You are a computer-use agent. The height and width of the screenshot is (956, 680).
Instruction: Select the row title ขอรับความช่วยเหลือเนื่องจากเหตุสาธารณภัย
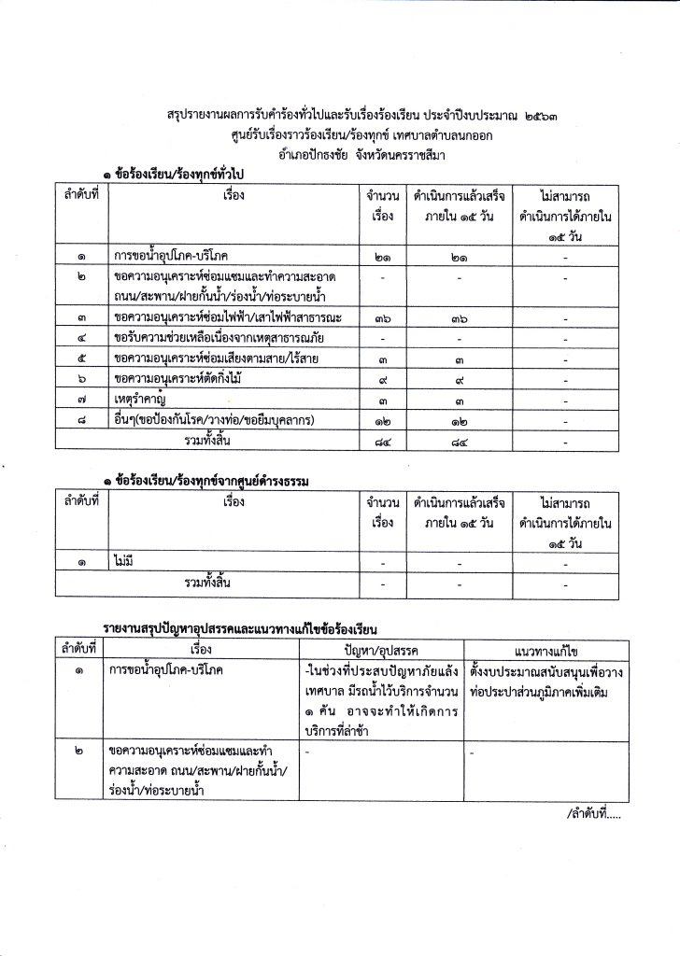coord(220,337)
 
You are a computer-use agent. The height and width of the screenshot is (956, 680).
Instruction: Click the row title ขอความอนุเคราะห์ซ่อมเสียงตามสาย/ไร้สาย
coord(210,358)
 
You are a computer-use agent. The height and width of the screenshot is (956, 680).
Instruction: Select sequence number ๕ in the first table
coord(82,358)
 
